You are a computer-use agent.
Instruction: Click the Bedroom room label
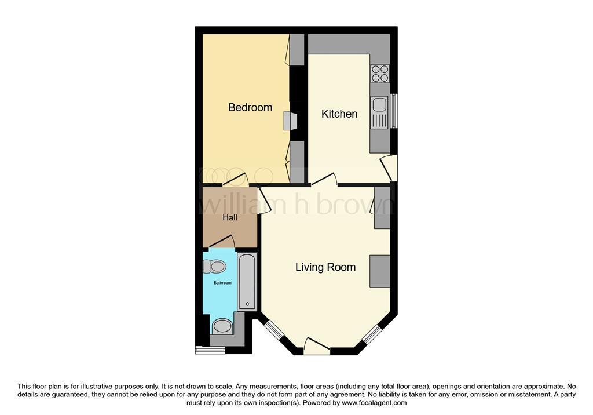(250, 107)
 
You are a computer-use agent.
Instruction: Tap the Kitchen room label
(339, 114)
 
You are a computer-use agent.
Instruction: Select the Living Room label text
(325, 267)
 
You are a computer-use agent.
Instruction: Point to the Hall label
(230, 218)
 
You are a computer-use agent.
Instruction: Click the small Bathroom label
(222, 283)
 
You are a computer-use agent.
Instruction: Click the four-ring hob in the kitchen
(380, 73)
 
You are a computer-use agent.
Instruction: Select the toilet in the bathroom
(215, 267)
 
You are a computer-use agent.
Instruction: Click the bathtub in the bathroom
(247, 281)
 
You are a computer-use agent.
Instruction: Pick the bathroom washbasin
(222, 326)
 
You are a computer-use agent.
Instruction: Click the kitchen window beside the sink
(394, 111)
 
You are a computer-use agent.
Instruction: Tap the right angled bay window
(372, 334)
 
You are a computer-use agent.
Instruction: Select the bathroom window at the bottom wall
(210, 350)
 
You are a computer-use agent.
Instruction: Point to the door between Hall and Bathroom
(221, 242)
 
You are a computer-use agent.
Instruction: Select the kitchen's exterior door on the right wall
(391, 168)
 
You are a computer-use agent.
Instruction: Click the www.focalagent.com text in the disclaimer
(374, 403)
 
